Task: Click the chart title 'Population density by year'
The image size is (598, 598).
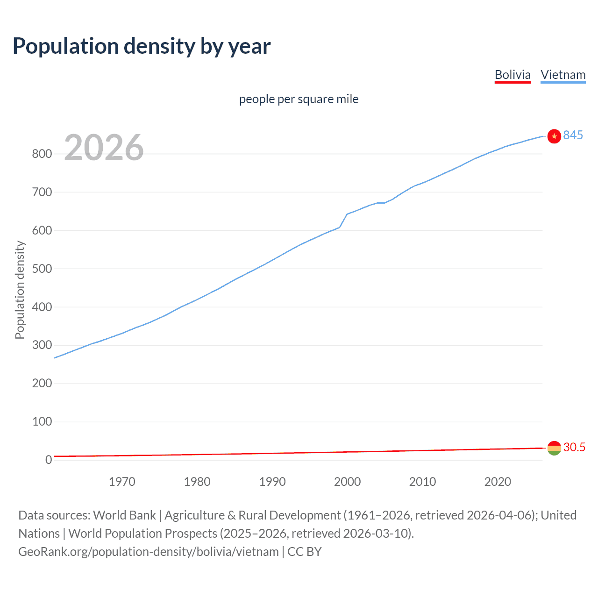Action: (x=142, y=46)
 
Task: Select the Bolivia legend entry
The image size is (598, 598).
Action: (x=513, y=75)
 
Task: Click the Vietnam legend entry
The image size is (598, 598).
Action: (x=563, y=75)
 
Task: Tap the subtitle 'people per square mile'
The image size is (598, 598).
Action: (x=299, y=99)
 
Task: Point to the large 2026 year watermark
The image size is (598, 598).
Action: (x=104, y=148)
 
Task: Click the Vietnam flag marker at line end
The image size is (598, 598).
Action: (x=554, y=136)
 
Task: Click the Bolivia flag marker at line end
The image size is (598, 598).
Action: (x=554, y=448)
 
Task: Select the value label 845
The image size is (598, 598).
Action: (x=573, y=135)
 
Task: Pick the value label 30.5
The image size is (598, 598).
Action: (x=574, y=447)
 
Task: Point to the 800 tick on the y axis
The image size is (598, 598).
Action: (x=42, y=154)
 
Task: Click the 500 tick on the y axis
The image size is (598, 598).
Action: (x=42, y=269)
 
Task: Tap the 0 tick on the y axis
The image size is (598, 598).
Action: (x=49, y=460)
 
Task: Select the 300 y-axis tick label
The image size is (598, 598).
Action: (x=42, y=345)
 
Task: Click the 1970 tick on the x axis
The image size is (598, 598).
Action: (x=122, y=482)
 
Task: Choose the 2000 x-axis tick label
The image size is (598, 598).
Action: (x=347, y=482)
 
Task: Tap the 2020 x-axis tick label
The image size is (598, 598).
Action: (x=498, y=482)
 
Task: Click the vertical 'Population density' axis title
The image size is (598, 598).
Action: (x=20, y=290)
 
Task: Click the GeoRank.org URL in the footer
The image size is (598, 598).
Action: (x=149, y=552)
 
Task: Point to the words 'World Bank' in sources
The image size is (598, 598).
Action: (x=124, y=515)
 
